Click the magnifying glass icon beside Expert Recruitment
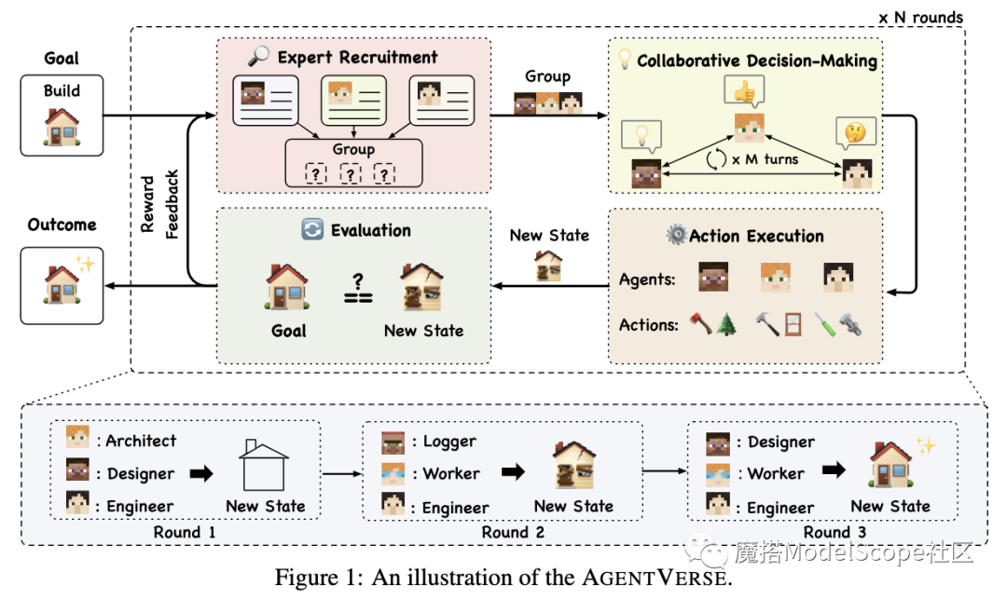click(x=259, y=57)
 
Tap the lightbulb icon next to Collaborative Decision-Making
click(x=625, y=61)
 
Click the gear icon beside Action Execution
click(x=676, y=235)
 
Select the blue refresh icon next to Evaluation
click(x=312, y=229)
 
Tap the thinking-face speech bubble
click(x=856, y=131)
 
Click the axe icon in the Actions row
click(x=700, y=325)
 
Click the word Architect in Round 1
click(x=141, y=441)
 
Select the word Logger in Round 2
click(x=449, y=441)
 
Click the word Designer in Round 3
click(x=780, y=442)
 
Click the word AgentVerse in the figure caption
click(x=658, y=577)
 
